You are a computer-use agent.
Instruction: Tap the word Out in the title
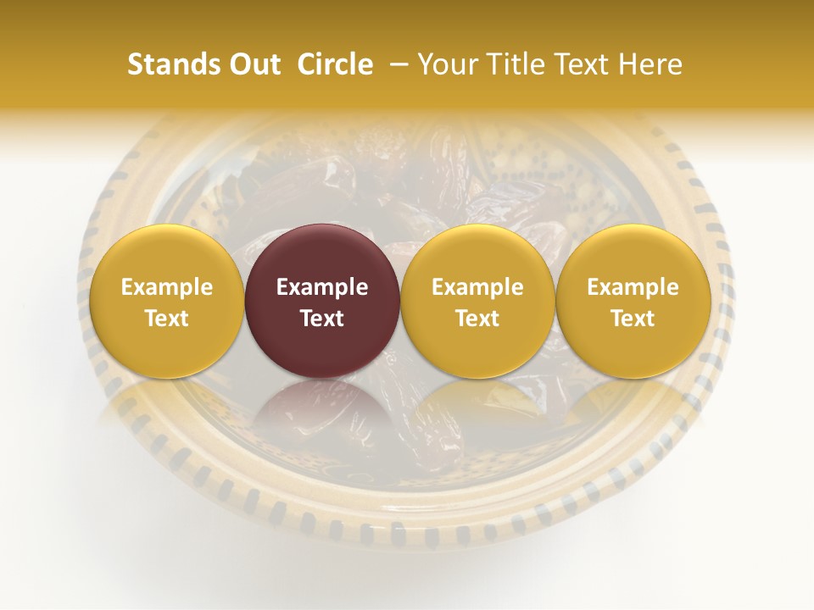[x=254, y=64]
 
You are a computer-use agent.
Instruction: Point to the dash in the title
[x=399, y=64]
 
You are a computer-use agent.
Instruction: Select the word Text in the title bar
[x=583, y=64]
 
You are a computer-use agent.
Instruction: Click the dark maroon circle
[x=322, y=254]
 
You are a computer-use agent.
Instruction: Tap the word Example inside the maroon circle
[x=322, y=287]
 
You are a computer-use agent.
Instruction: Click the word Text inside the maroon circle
[x=322, y=319]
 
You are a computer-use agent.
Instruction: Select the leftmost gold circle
[x=166, y=254]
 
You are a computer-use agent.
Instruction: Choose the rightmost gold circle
[x=633, y=254]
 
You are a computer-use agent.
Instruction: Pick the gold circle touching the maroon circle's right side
[x=477, y=254]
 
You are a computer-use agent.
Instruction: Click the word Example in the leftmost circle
[x=166, y=287]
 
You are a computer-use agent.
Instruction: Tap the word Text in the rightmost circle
[x=633, y=319]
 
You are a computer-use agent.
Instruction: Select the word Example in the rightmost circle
[x=633, y=287]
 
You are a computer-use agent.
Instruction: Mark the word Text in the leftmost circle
[x=166, y=319]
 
